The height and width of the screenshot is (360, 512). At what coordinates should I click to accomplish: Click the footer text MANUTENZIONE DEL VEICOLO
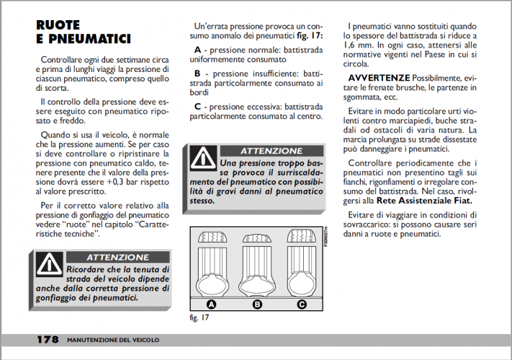[113, 339]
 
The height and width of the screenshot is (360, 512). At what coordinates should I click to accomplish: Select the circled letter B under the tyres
[257, 304]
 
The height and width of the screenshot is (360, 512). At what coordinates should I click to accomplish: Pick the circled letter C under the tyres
[302, 304]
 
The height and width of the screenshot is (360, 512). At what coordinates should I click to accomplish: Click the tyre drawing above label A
[212, 262]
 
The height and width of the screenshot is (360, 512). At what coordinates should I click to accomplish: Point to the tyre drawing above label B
[257, 262]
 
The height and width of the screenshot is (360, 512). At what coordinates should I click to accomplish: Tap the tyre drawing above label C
[302, 262]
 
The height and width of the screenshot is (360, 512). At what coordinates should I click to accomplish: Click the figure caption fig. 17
[200, 317]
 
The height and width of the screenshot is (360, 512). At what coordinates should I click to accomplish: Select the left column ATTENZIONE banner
[117, 257]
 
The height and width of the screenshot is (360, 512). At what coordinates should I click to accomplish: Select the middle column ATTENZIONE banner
[271, 151]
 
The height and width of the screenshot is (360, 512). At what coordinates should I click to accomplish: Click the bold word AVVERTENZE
[379, 77]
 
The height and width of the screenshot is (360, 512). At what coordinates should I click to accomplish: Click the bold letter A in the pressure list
[197, 50]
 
